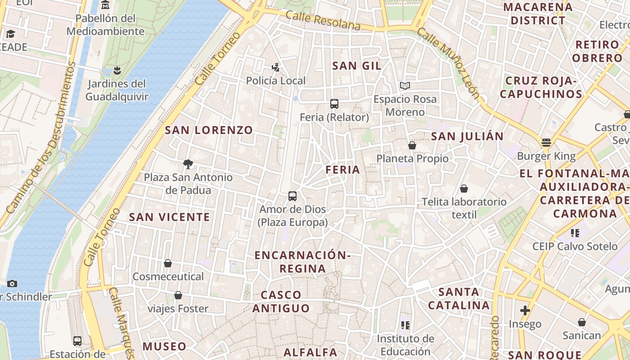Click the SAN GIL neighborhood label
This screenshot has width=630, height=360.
coord(357,66)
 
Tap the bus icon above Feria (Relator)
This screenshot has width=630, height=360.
coord(334,104)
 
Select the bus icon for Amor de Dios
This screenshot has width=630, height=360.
coord(292,196)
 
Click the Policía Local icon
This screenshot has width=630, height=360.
coord(276,68)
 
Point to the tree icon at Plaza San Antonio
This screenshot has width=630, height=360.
coord(188,164)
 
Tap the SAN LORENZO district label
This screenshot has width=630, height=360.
coord(209,130)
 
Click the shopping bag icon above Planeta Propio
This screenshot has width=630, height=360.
coord(412,145)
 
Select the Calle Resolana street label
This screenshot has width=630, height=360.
coord(323,21)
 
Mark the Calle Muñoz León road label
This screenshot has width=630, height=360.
coord(448,62)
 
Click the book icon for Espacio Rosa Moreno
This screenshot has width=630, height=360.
coord(405,85)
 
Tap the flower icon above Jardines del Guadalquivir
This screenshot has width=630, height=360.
coord(117,70)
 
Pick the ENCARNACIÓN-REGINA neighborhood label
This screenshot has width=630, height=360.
coord(302,262)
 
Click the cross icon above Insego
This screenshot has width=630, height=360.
coord(525,310)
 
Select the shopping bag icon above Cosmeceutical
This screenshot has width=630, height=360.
coord(168,263)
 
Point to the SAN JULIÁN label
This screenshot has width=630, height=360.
coord(468,136)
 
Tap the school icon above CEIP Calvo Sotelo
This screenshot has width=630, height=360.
coord(575,233)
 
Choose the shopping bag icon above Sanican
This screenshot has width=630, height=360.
coord(582,322)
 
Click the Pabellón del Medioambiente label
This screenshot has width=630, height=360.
coord(105,25)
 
